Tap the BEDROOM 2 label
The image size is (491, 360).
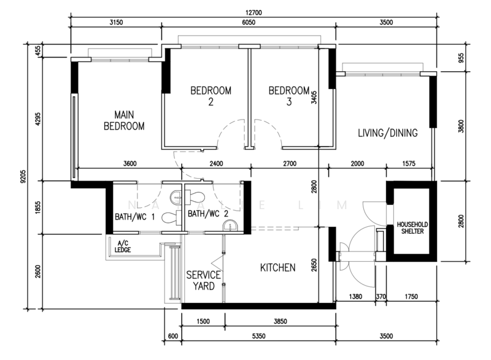point(211,96)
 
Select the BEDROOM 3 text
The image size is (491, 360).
point(289,96)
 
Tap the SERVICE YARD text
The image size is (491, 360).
point(203,280)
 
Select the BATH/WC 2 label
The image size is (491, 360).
point(208,214)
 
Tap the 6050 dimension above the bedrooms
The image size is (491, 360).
point(248,23)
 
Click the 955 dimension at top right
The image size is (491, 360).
point(461,57)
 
